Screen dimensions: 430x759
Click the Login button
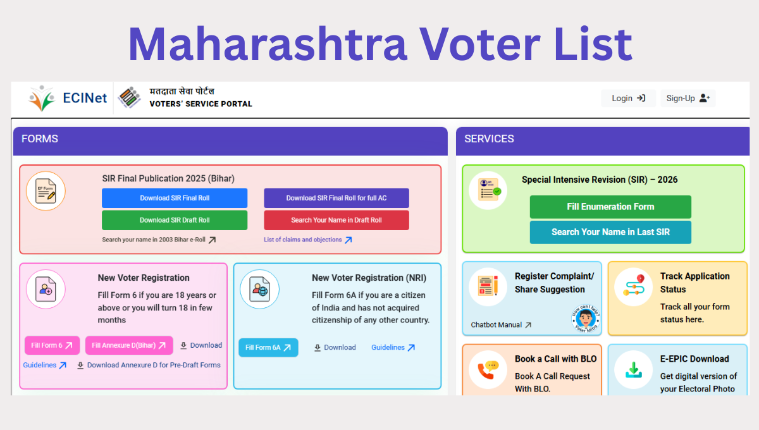click(628, 98)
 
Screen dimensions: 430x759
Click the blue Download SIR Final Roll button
click(175, 198)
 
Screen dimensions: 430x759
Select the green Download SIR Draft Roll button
click(175, 220)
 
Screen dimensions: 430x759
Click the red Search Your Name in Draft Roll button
click(336, 220)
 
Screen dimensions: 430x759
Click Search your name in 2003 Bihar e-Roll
click(159, 240)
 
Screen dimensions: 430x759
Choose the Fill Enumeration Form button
click(610, 207)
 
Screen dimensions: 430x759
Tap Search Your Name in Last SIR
click(610, 232)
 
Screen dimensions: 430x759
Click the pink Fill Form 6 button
click(52, 345)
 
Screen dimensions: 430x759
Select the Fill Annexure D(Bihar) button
click(129, 345)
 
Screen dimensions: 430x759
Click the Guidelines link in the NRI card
click(393, 347)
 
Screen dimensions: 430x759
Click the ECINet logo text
click(85, 98)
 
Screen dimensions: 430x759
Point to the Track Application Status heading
click(694, 283)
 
